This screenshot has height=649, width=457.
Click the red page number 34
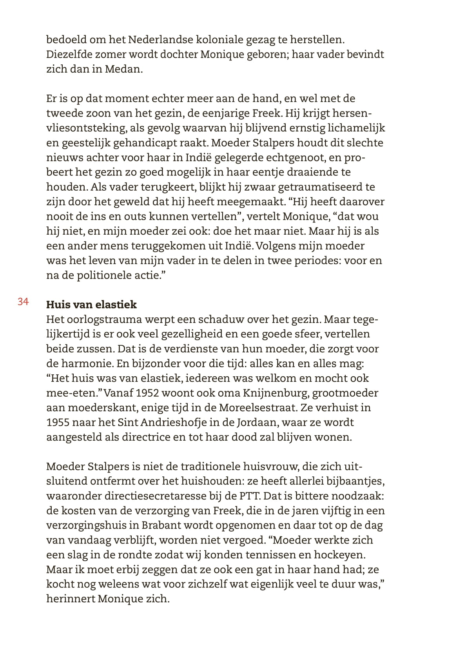pyautogui.click(x=23, y=302)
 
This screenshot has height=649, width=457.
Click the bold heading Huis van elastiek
pyautogui.click(x=91, y=304)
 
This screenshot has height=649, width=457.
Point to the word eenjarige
pyautogui.click(x=235, y=113)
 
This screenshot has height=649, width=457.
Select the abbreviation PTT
pyautogui.click(x=248, y=496)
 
